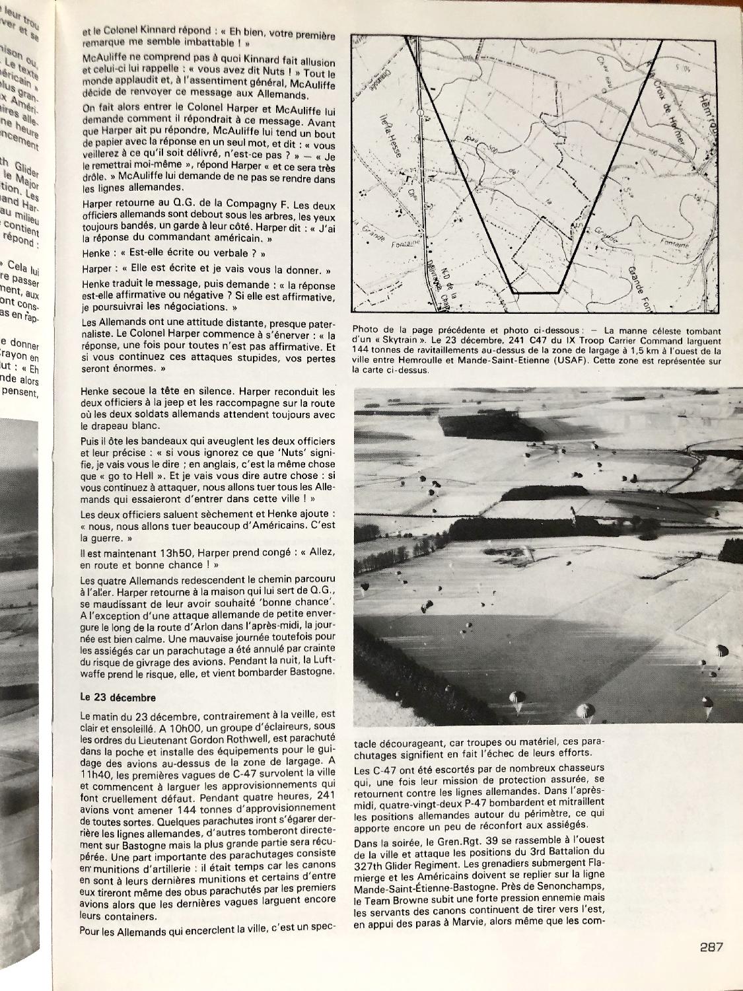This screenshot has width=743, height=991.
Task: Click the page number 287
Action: [711, 946]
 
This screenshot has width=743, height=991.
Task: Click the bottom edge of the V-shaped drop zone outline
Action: [536, 291]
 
